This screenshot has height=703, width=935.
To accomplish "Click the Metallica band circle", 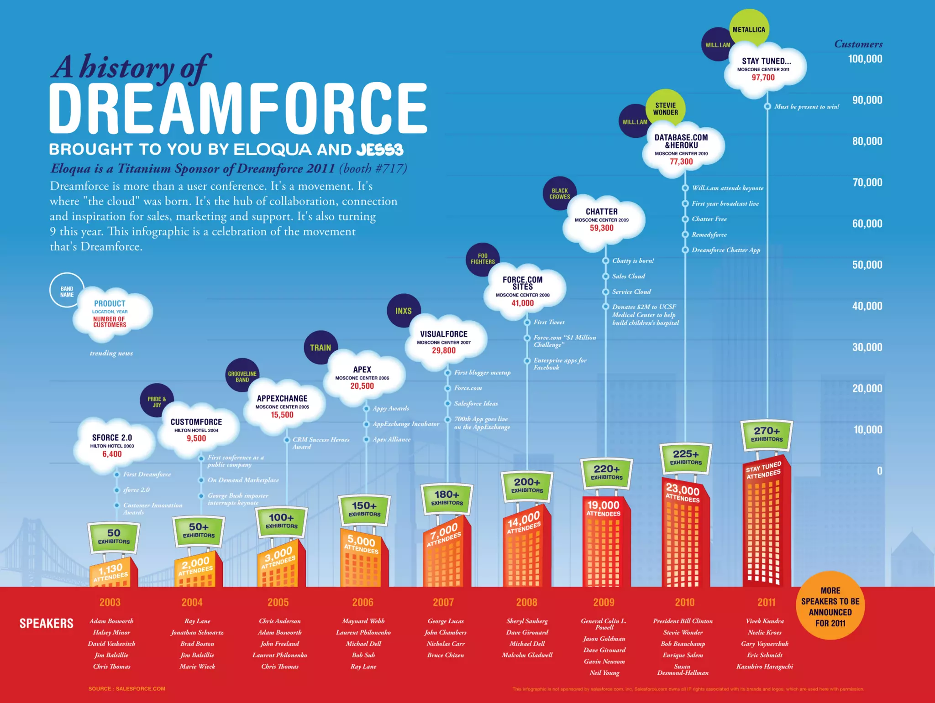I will coord(749,29).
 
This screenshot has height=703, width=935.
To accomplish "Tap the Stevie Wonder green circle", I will coord(665,109).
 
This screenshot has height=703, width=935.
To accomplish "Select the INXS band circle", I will coord(404,311).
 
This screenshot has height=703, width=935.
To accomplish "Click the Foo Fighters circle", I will coord(483,259).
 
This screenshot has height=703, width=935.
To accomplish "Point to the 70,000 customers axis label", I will coord(867,182).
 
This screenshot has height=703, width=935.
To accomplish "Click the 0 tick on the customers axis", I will coord(879,471).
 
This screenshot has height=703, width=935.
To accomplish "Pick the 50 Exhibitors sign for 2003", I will coord(114,536).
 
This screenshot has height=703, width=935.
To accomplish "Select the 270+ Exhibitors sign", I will coord(767,434).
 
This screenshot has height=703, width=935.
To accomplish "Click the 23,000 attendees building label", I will coord(683,493).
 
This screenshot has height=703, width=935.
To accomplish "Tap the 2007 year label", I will coord(443,602).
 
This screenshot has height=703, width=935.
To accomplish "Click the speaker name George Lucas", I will coord(446,621).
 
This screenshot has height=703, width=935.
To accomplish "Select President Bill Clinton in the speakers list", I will coord(683,621).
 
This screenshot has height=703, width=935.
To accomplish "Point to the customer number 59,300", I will coord(601,228).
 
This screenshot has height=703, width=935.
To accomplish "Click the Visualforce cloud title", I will coord(444,334).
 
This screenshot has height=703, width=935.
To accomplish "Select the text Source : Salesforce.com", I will coord(127,689).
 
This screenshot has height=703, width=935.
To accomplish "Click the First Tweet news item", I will coord(549,322).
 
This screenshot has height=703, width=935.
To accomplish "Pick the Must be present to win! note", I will coord(807,106).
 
